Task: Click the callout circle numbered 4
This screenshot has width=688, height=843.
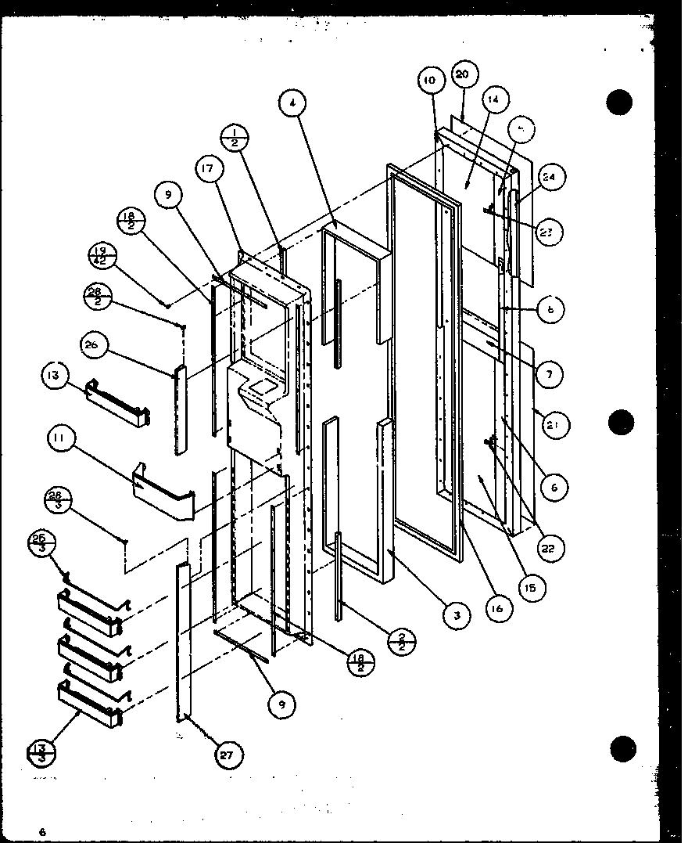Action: pos(292,103)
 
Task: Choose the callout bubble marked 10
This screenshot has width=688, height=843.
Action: pos(431,81)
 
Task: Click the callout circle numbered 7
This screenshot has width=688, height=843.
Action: pos(550,375)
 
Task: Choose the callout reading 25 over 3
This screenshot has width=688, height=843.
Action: pos(41,541)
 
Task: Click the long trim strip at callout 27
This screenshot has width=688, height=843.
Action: pos(184,642)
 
